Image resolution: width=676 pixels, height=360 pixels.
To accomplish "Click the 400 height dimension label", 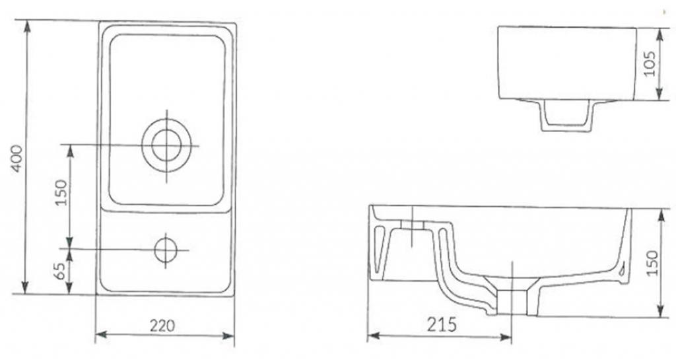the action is (x=17, y=159).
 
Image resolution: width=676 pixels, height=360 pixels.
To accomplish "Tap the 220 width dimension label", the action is (x=162, y=326).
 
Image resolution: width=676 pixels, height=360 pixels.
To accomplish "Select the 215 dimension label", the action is (x=442, y=324).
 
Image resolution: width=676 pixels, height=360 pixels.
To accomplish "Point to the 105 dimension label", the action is (x=650, y=63).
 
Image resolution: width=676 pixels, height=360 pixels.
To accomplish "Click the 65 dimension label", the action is (x=61, y=271).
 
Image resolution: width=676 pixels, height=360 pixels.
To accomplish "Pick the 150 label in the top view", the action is (x=61, y=192).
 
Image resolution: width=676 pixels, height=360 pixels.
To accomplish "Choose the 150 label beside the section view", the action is (x=653, y=263).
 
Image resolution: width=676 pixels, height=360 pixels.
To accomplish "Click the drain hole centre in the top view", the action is (x=166, y=145).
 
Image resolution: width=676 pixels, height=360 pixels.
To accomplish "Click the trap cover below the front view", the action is (x=567, y=116).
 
